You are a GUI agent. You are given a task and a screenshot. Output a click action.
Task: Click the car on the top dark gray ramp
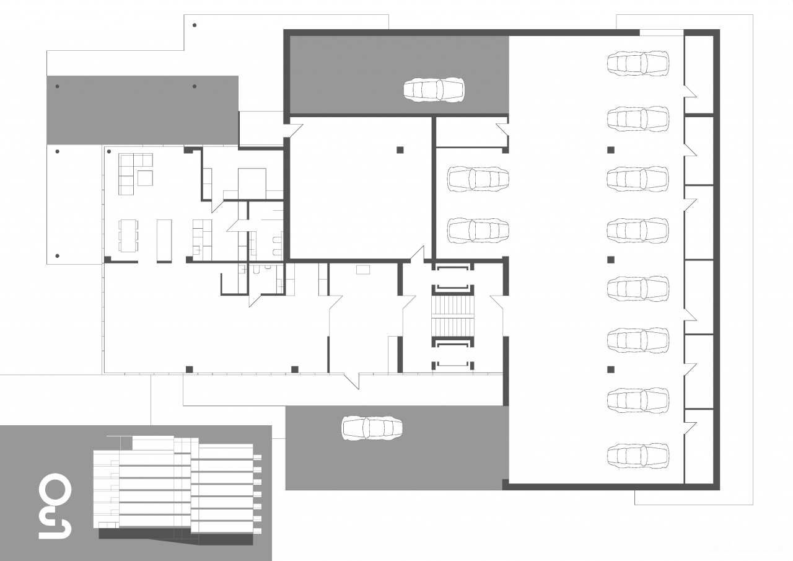434,90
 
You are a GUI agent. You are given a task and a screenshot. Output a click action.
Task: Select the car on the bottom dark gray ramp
372,428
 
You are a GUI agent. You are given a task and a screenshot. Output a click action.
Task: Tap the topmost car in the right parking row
638,64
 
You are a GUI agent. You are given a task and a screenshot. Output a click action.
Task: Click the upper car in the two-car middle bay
478,179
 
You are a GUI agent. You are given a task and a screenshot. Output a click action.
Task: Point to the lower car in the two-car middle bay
478,230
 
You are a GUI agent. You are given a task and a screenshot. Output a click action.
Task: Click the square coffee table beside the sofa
145,178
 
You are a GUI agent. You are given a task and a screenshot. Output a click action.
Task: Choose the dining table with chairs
128,236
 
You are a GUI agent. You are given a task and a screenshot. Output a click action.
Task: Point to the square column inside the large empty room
400,150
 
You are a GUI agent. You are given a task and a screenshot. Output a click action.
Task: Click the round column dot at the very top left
195,25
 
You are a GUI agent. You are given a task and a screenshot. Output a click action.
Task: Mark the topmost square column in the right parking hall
611,150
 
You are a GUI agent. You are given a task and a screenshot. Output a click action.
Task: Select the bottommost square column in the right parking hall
611,369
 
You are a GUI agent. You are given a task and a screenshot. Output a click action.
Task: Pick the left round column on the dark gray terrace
58,86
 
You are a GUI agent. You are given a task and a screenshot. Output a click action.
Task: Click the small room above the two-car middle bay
470,132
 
